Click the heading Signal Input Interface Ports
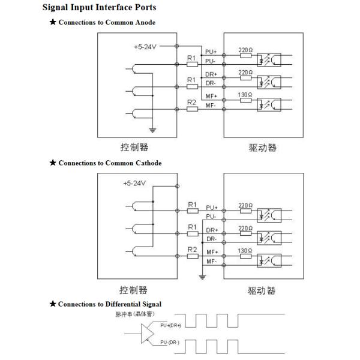[x=99, y=8]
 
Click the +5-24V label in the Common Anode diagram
[x=145, y=46]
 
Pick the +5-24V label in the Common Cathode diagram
[x=135, y=183]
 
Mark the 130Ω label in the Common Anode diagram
[x=245, y=95]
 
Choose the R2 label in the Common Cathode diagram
[x=192, y=249]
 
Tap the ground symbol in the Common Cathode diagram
[x=202, y=277]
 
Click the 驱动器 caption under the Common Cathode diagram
[x=262, y=290]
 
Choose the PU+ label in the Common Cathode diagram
[x=211, y=208]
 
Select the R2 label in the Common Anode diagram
[x=192, y=102]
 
